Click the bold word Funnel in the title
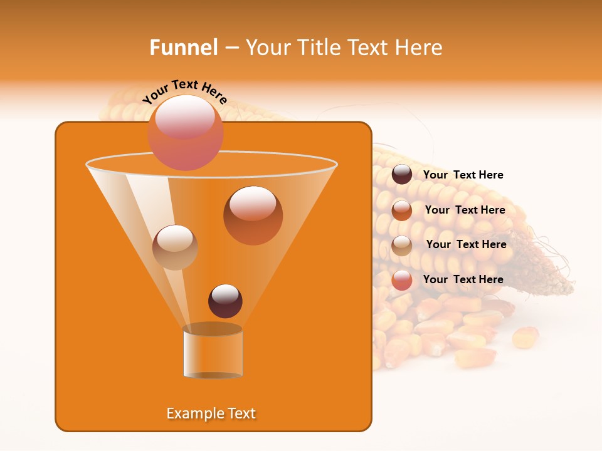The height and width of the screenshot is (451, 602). click(x=183, y=48)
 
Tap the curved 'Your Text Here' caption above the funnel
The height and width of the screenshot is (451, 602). click(x=185, y=91)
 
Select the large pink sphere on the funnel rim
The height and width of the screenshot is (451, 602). click(x=185, y=132)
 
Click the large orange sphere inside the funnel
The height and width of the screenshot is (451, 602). click(x=253, y=215)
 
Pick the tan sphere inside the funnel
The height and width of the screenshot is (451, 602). click(x=175, y=247)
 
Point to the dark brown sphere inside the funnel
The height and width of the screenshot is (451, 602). click(x=225, y=301)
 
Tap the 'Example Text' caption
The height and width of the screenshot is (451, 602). click(x=211, y=413)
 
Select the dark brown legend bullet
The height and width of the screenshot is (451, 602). click(x=402, y=175)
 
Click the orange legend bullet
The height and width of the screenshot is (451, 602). click(x=402, y=210)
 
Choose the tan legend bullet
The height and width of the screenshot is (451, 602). click(x=402, y=246)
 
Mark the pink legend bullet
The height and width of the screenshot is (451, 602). click(x=402, y=280)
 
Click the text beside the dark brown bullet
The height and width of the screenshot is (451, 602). click(x=463, y=175)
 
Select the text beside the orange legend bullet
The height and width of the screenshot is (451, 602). click(x=465, y=210)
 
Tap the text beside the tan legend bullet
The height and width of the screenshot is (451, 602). click(x=466, y=245)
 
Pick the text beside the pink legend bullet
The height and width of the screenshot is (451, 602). click(x=463, y=279)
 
